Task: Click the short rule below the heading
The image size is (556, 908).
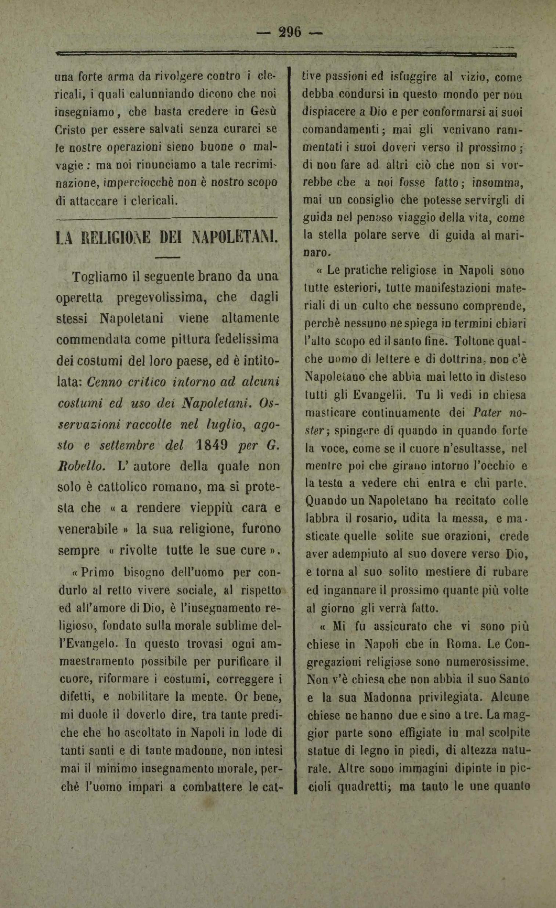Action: (x=167, y=257)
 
